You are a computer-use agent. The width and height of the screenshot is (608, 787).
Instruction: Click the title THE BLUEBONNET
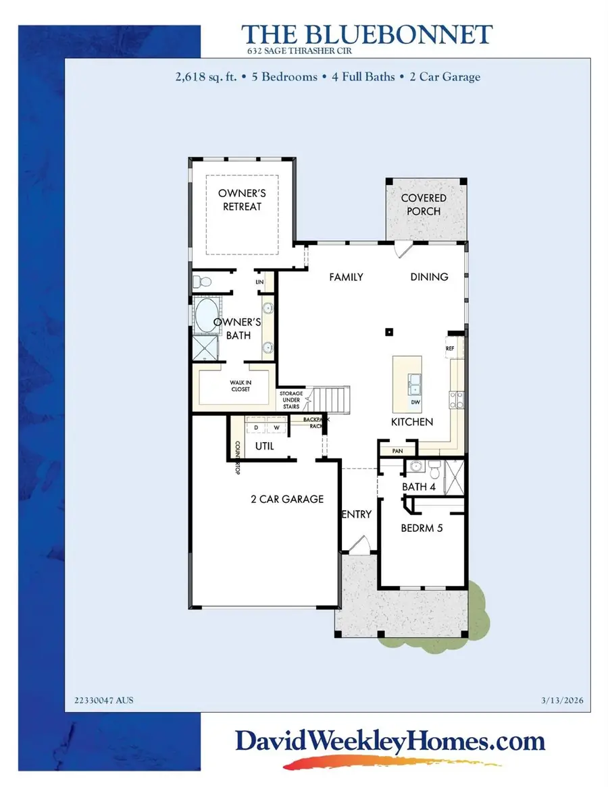(x=367, y=34)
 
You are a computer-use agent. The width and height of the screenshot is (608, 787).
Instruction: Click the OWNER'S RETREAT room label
(x=242, y=200)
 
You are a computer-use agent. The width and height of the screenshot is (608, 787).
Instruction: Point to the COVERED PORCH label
(x=424, y=205)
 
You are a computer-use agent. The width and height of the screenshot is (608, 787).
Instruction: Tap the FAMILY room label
(x=346, y=277)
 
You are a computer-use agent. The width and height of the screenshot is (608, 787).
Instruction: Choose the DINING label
(x=429, y=277)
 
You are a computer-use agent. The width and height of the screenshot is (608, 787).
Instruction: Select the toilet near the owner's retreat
(x=199, y=281)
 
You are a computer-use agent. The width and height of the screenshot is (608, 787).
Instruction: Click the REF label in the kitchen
(x=449, y=348)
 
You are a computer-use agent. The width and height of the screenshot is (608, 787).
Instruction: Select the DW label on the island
(x=415, y=403)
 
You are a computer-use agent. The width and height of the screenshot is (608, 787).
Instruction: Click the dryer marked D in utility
(x=257, y=427)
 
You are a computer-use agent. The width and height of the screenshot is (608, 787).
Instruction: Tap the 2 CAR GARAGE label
(x=287, y=499)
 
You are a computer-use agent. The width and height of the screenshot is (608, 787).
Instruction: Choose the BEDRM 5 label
(x=422, y=528)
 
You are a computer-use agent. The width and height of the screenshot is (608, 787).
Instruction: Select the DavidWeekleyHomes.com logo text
(x=390, y=742)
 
